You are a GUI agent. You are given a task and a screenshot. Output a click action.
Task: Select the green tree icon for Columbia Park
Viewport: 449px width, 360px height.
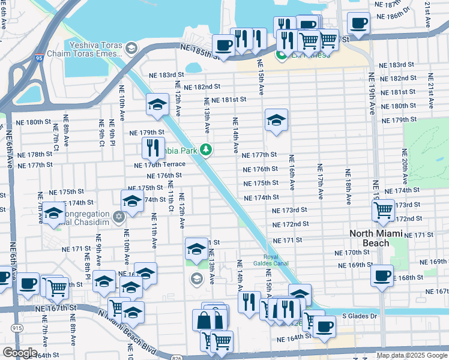206,149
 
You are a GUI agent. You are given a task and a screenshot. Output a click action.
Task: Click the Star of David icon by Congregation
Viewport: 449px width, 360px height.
119,215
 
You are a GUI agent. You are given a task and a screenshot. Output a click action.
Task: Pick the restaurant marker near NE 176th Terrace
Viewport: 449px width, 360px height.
154,147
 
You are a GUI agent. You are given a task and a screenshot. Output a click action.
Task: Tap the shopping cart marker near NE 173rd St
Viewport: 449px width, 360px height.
384,210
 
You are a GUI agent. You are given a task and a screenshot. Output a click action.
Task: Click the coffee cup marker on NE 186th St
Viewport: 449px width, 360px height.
359,23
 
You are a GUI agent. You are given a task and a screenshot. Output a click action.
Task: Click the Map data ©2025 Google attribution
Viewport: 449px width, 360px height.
411,355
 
